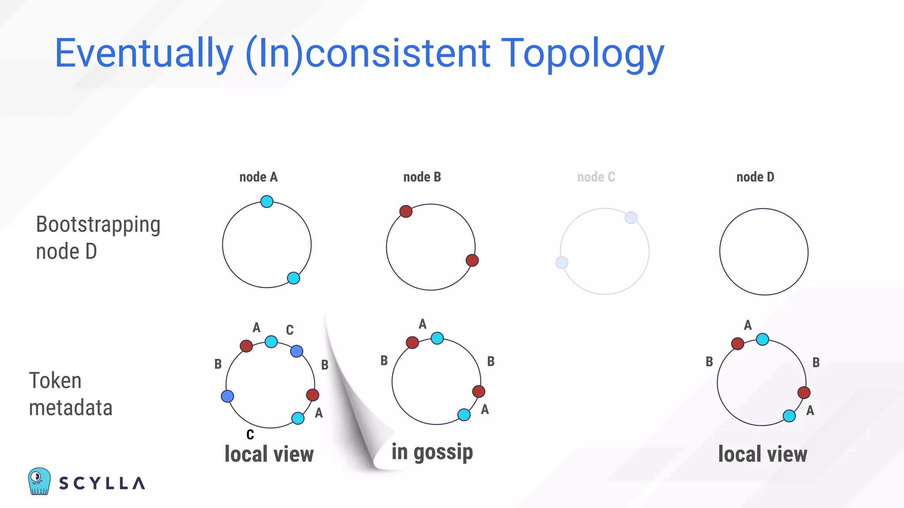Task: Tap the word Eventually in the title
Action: (x=144, y=54)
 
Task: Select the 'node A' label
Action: (x=258, y=177)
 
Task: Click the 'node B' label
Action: (x=422, y=177)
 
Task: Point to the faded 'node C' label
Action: (x=596, y=177)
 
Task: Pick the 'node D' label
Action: (x=755, y=177)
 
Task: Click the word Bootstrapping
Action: (x=98, y=225)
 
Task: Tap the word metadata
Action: (x=71, y=408)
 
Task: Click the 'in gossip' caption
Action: (x=432, y=452)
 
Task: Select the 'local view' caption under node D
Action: (x=762, y=454)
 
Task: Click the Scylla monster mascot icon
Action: (x=39, y=481)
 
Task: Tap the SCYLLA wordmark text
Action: (x=102, y=483)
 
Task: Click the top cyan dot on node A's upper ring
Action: (x=267, y=202)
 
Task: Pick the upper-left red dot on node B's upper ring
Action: (x=406, y=211)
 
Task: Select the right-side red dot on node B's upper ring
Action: (x=472, y=260)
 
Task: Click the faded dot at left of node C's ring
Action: (x=561, y=263)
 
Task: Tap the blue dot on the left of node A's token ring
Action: (x=227, y=396)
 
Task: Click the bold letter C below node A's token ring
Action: (x=250, y=435)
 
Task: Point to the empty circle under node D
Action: (x=764, y=252)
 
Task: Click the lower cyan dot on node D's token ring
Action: (x=789, y=415)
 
